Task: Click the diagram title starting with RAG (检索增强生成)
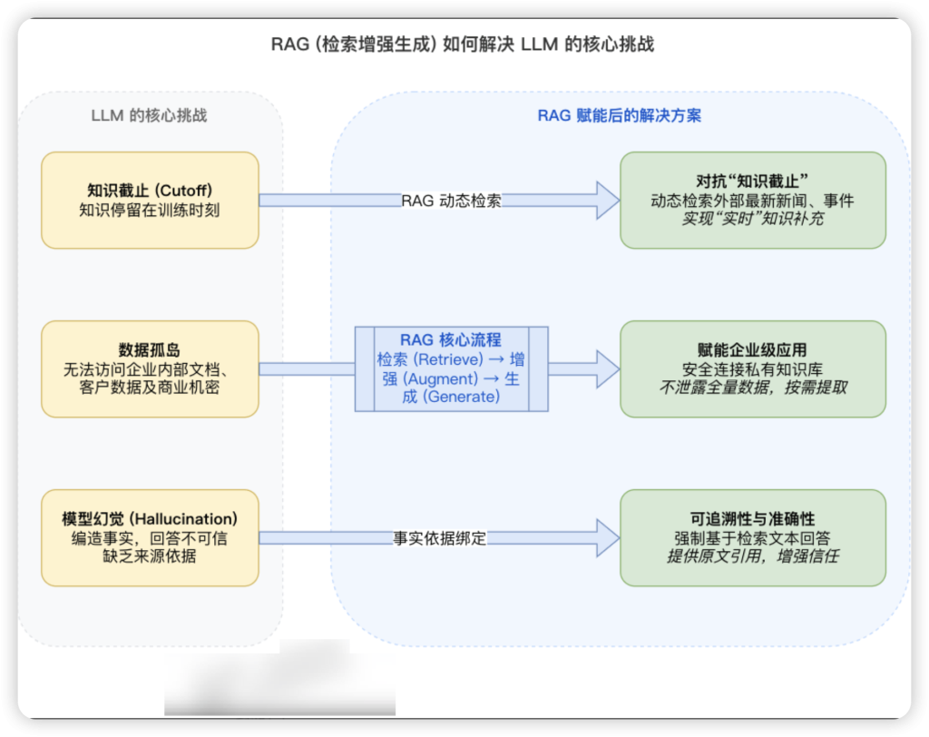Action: pos(463,44)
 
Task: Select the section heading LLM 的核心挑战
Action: pos(149,115)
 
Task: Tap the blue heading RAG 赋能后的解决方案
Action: pos(620,115)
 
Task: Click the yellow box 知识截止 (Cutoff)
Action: pos(150,200)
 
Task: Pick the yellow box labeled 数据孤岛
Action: pos(150,369)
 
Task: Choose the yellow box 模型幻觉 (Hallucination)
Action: pos(150,537)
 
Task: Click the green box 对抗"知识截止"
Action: pos(752,200)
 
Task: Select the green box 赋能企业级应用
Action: pos(752,368)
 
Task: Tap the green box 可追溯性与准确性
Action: pos(752,537)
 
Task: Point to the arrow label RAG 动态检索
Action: pos(451,201)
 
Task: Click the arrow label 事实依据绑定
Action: pos(440,538)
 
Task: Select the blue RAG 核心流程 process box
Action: pos(451,369)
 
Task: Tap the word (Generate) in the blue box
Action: pos(461,398)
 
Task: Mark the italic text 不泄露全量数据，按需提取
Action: pos(752,388)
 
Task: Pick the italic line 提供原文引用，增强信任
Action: pos(752,556)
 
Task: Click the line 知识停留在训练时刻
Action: pos(150,210)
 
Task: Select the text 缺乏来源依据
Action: pos(150,556)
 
